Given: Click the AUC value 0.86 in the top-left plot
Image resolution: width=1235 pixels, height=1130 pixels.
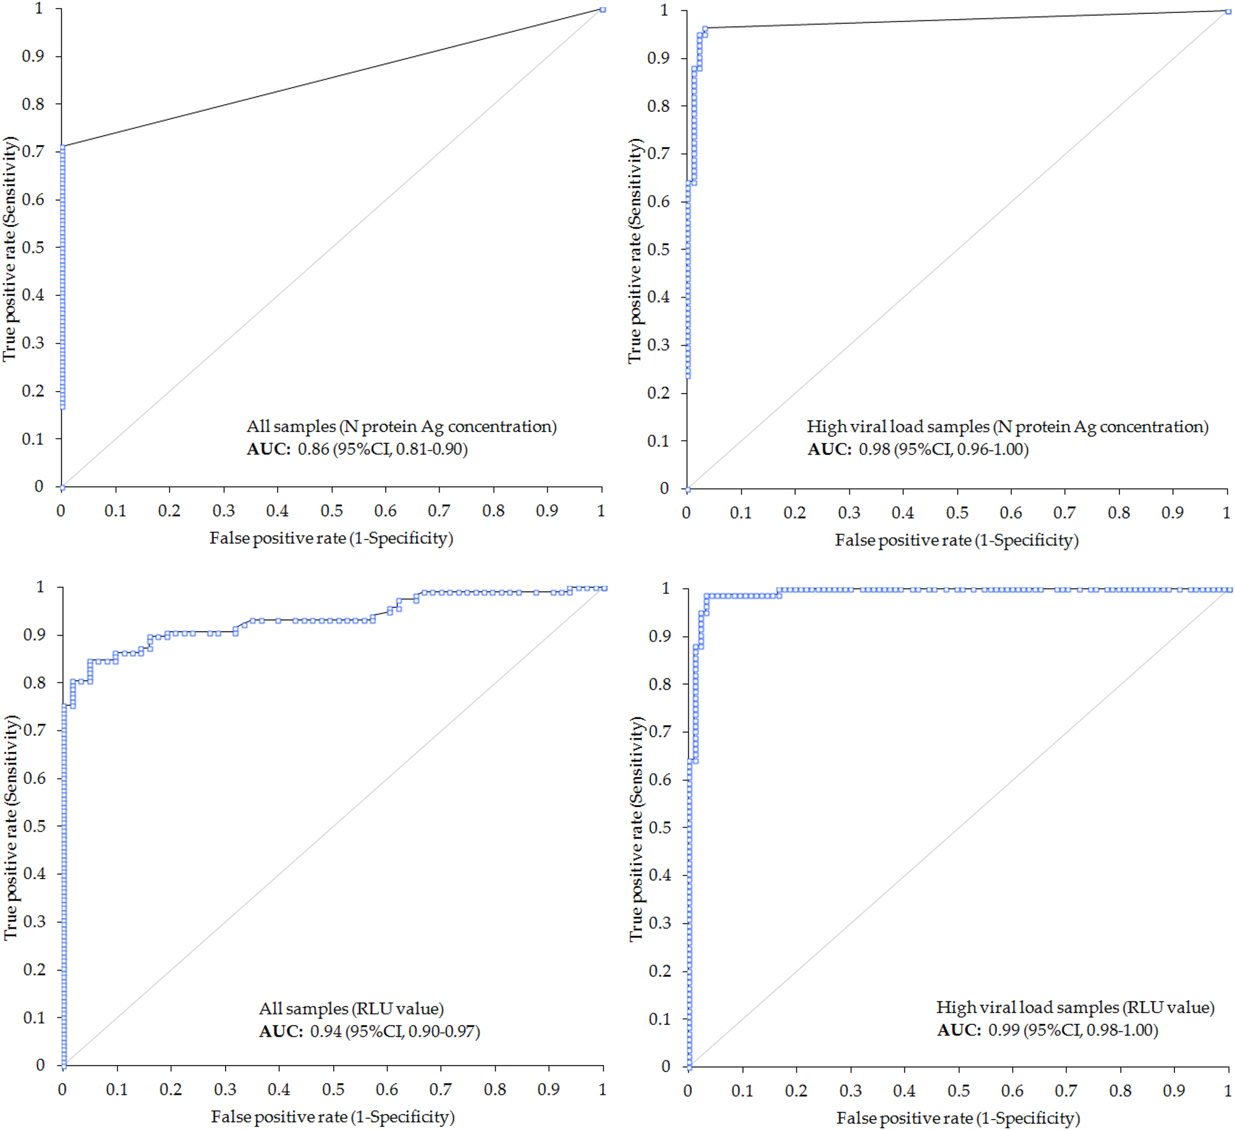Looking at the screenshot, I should [313, 449].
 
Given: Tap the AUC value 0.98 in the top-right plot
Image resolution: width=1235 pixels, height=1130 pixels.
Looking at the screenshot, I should [874, 449].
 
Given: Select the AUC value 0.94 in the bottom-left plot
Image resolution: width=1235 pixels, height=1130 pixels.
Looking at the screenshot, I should [326, 1031].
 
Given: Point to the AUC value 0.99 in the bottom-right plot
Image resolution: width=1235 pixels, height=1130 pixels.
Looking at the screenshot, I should [1004, 1030].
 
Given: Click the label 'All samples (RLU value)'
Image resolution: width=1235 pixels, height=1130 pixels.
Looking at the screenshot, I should [351, 1008].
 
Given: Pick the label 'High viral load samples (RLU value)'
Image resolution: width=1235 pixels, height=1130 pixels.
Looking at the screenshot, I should [1075, 1007].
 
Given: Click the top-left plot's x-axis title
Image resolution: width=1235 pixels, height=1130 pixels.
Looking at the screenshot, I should [331, 538].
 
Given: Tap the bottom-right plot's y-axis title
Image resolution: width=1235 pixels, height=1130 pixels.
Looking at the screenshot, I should [637, 829].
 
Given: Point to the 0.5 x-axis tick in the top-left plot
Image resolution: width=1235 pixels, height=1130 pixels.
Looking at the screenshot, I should [332, 511].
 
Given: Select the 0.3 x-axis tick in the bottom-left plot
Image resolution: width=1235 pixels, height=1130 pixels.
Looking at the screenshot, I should [225, 1089].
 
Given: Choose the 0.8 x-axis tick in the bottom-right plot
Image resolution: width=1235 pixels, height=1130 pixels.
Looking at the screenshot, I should [1120, 1090].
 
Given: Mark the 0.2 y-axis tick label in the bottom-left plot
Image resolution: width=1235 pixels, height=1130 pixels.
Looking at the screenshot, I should [34, 969].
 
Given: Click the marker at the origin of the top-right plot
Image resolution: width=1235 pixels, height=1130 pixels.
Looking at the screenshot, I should [687, 489].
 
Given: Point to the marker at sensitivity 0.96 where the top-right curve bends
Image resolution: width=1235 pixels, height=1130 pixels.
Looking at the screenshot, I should [705, 28].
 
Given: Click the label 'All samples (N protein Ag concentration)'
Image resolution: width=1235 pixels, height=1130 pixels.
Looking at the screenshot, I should [402, 426].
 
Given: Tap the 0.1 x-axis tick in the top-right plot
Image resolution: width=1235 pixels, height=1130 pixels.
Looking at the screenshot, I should [741, 513].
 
